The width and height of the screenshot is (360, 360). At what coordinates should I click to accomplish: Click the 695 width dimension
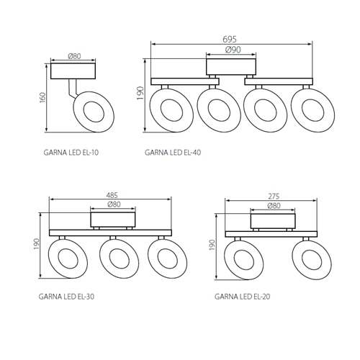click(230, 39)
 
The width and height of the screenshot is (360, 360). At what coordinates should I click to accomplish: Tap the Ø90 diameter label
click(233, 50)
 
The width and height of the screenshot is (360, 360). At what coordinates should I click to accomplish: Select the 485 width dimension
click(112, 195)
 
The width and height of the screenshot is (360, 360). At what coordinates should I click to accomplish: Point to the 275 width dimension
click(274, 197)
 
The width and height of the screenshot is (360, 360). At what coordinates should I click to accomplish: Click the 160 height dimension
click(42, 97)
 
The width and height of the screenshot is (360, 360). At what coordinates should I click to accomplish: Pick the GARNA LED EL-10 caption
click(71, 153)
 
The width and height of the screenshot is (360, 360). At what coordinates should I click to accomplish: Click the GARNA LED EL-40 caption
click(173, 153)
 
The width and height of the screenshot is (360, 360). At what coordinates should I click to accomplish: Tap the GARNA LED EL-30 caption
click(66, 297)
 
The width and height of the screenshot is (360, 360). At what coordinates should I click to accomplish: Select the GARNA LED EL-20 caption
click(242, 297)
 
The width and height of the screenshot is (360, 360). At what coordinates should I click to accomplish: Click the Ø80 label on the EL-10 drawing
click(74, 56)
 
